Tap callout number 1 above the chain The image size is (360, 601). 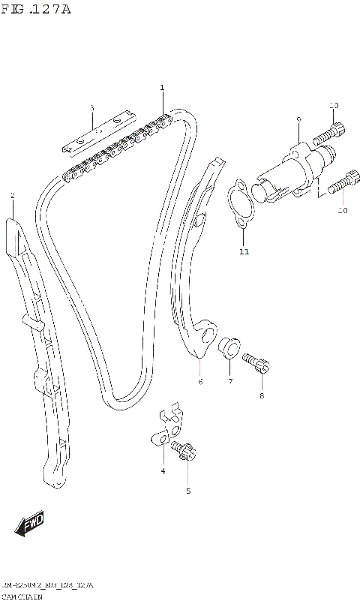click(162, 89)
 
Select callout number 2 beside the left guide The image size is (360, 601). click(13, 196)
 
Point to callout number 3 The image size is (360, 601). click(91, 108)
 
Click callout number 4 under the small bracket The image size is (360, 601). click(162, 470)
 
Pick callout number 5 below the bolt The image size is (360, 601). click(188, 491)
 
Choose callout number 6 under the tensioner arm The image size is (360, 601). click(200, 382)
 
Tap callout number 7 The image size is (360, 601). click(230, 382)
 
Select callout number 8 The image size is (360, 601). click(262, 395)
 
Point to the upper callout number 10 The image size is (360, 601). click(334, 105)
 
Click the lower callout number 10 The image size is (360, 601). click(343, 211)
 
